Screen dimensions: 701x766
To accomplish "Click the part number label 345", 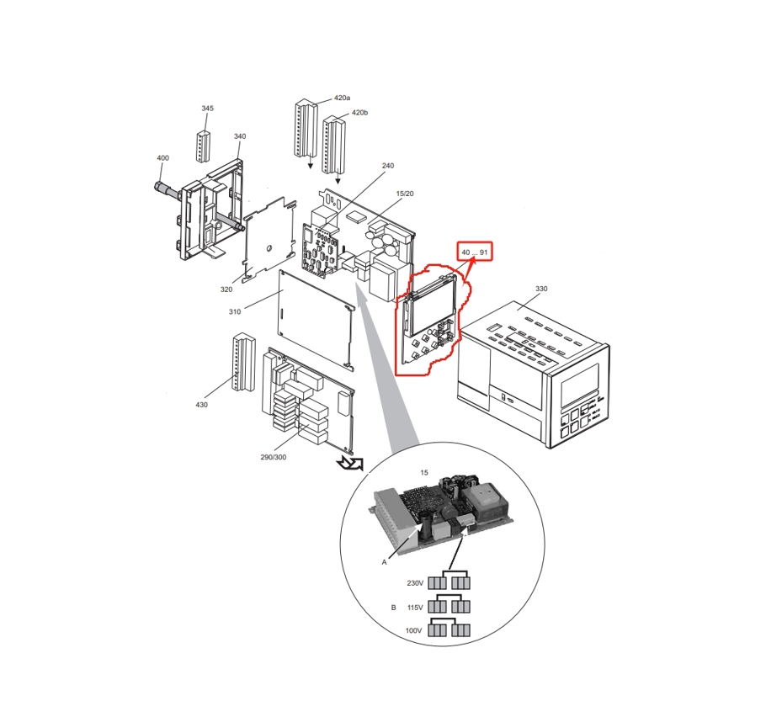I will tap(208, 109).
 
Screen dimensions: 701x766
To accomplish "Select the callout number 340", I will tap(240, 136).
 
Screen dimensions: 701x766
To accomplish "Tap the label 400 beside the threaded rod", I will tap(162, 158).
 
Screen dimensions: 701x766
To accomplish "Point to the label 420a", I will tap(342, 98).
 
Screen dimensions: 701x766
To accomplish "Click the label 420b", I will tap(359, 113).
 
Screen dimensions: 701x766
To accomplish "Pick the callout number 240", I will tap(387, 166).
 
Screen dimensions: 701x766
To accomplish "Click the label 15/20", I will tap(405, 194).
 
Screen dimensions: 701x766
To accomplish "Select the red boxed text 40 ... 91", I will tap(474, 252).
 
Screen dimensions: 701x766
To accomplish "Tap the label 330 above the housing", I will tap(541, 289).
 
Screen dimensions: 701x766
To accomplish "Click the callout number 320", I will tap(226, 289).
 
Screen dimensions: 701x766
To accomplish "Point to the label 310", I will tap(234, 312).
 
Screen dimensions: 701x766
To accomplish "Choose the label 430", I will tap(202, 405).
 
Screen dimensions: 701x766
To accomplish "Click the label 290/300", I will tap(274, 458).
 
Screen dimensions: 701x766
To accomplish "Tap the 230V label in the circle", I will tap(415, 583).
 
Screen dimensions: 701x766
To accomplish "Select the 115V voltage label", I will tap(415, 607).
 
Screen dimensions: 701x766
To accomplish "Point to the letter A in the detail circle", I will tap(384, 561).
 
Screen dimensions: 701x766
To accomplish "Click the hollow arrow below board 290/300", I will tap(348, 463).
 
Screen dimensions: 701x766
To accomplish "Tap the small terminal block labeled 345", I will tap(202, 146).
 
